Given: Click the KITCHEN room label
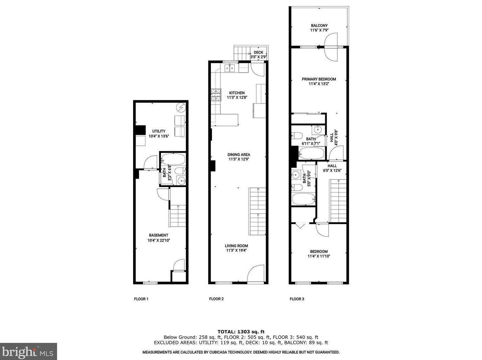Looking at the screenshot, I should [x=237, y=93].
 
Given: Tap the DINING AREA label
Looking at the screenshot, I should [x=239, y=155].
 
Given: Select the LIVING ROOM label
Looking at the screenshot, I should [x=237, y=246].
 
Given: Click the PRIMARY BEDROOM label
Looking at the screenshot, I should [x=319, y=79].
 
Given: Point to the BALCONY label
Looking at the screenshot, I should [x=319, y=26].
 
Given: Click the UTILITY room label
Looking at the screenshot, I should [x=159, y=131].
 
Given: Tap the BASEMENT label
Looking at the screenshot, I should [x=159, y=235].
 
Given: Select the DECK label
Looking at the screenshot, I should [x=258, y=53].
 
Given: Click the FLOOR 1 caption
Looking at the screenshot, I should [x=141, y=299].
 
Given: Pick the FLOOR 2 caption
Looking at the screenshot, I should [x=216, y=299].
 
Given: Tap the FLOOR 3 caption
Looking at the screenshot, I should [x=297, y=299].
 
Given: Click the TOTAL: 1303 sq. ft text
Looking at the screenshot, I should [x=241, y=332].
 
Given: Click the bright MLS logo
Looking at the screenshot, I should [x=28, y=352].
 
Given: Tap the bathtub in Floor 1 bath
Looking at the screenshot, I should [x=173, y=159].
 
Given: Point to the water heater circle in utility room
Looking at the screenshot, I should [x=181, y=108].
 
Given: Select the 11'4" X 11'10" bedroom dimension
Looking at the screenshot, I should [x=319, y=256].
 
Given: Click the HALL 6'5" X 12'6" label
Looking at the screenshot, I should [x=332, y=168].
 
